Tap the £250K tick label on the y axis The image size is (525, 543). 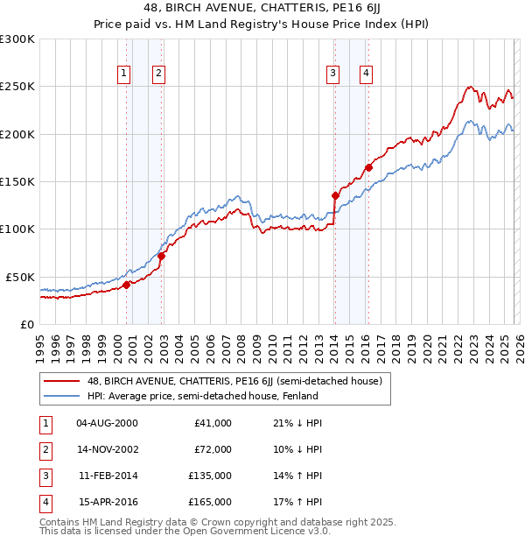point(17,87)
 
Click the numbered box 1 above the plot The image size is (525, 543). point(125,74)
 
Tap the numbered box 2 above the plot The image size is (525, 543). point(158,74)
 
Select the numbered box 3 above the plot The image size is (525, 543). point(333,74)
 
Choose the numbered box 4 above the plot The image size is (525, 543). point(365,74)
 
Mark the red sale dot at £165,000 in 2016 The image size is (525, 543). point(369,167)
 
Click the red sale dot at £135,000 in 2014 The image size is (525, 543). point(335,195)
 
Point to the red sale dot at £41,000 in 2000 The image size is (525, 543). point(126,285)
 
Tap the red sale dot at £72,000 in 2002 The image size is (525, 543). point(162,256)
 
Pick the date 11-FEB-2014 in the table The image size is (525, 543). point(108,476)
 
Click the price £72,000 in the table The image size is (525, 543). point(212,449)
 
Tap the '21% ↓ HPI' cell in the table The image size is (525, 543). point(297,423)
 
